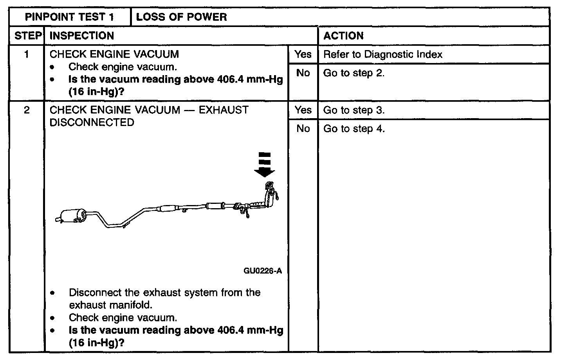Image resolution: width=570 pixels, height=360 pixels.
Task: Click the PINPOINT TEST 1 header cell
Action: point(70,17)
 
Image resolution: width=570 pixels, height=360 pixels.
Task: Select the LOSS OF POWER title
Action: point(181,17)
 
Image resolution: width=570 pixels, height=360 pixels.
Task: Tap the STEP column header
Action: point(28,36)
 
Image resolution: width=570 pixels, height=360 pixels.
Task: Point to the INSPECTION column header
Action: point(82,36)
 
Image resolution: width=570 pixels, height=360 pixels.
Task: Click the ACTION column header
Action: point(343,36)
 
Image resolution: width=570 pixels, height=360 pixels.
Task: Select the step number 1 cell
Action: point(27,54)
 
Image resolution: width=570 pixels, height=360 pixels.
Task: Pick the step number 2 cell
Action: point(27,110)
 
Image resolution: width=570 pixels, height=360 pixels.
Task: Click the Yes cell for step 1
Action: point(303,54)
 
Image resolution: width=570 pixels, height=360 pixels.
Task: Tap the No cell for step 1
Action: point(303,73)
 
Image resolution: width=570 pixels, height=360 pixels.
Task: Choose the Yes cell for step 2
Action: point(303,110)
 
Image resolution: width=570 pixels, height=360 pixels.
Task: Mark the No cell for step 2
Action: point(303,128)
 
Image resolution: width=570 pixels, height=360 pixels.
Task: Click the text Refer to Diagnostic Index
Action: point(382,54)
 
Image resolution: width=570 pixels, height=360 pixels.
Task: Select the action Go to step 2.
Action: point(354,73)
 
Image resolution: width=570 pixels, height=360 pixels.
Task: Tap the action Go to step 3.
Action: point(354,110)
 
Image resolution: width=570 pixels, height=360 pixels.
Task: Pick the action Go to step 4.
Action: point(354,129)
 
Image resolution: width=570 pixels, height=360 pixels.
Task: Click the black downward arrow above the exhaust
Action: point(265,165)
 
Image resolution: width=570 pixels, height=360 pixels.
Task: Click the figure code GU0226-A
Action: point(263,271)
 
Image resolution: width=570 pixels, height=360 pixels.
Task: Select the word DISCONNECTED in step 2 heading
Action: point(92,122)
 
